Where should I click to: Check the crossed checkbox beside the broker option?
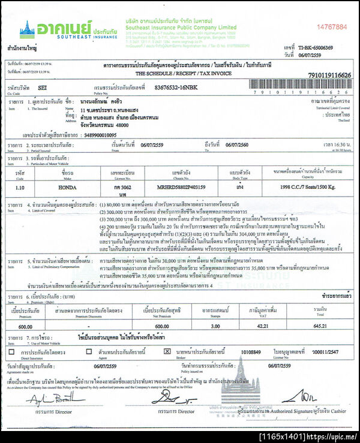coord(167,352)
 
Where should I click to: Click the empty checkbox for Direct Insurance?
coord(11,352)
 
